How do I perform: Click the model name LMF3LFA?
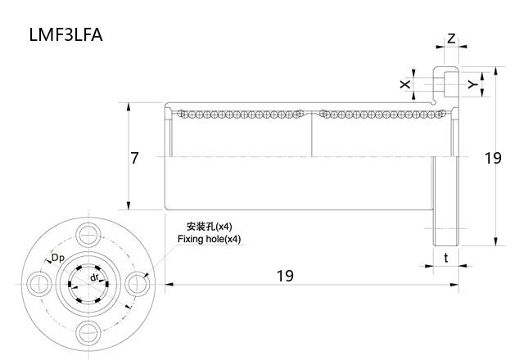click(65, 35)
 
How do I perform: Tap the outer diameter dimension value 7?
click(134, 158)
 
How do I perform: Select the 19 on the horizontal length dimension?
click(284, 276)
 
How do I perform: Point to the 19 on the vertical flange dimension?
click(492, 158)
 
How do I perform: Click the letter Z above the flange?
click(451, 38)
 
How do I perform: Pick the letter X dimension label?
click(404, 84)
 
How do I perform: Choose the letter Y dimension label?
click(471, 84)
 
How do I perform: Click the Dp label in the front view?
click(57, 259)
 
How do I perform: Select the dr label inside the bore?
click(96, 277)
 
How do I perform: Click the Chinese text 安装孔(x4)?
click(209, 226)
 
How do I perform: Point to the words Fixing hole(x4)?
click(209, 239)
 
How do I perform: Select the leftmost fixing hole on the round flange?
click(38, 283)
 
